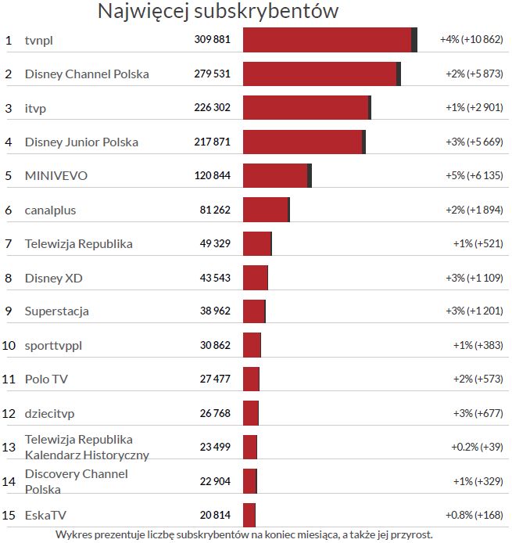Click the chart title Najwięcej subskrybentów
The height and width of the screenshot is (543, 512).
tap(217, 12)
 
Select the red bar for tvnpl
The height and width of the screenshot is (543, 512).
tap(328, 40)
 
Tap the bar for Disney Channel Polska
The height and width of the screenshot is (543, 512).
tap(320, 74)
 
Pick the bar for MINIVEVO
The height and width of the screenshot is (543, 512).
tap(276, 176)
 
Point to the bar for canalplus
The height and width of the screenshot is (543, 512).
tap(266, 210)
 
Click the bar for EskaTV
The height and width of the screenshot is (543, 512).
tap(249, 515)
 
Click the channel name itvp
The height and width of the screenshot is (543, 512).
tap(35, 108)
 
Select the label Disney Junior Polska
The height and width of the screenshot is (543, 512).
tap(81, 142)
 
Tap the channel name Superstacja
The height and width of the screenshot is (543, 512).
tap(57, 311)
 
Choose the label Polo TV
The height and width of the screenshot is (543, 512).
tap(47, 379)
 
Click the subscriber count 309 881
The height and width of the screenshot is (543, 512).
tap(212, 40)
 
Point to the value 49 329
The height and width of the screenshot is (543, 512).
tap(215, 243)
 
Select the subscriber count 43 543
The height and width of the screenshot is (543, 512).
tap(215, 278)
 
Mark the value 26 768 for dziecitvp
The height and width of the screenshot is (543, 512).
tap(215, 413)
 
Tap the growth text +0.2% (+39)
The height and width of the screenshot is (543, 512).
tap(476, 447)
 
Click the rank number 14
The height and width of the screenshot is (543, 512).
tap(9, 481)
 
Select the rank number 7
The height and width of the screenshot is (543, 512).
tap(8, 243)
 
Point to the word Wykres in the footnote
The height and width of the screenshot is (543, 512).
tap(73, 535)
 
